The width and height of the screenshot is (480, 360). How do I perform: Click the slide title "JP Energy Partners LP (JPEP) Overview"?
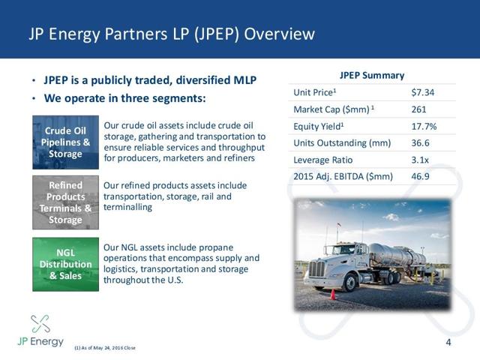pos(171,34)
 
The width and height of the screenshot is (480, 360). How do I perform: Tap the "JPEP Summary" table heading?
pos(373,75)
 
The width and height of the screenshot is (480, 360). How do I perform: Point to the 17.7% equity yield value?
pos(424,126)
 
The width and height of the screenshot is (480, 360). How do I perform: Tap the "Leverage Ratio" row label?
pos(324,160)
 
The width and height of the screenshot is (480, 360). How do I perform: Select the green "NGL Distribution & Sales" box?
pos(65,264)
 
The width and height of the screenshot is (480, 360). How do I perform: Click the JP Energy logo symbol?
pos(40,324)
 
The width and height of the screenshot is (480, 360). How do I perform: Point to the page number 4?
pos(448,343)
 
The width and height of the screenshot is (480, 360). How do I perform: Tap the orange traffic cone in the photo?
pos(333,293)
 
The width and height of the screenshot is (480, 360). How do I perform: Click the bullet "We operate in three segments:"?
pos(124,98)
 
